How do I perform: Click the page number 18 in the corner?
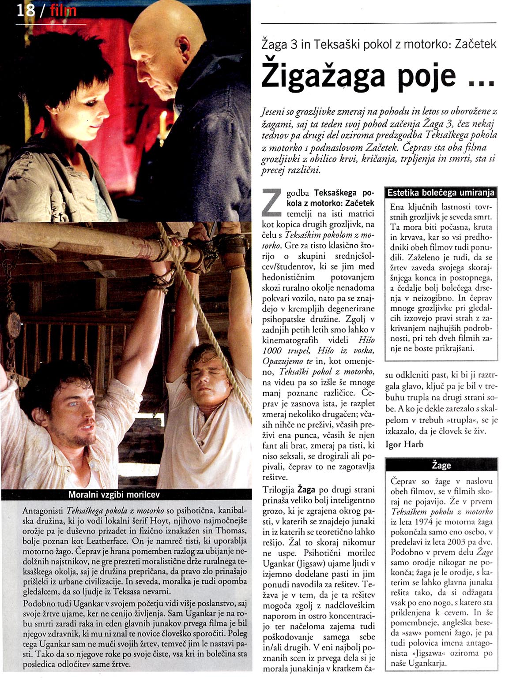click(26, 10)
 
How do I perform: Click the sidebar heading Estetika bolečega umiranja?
click(441, 193)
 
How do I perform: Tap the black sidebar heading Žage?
click(441, 465)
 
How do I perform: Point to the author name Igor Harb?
click(404, 444)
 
